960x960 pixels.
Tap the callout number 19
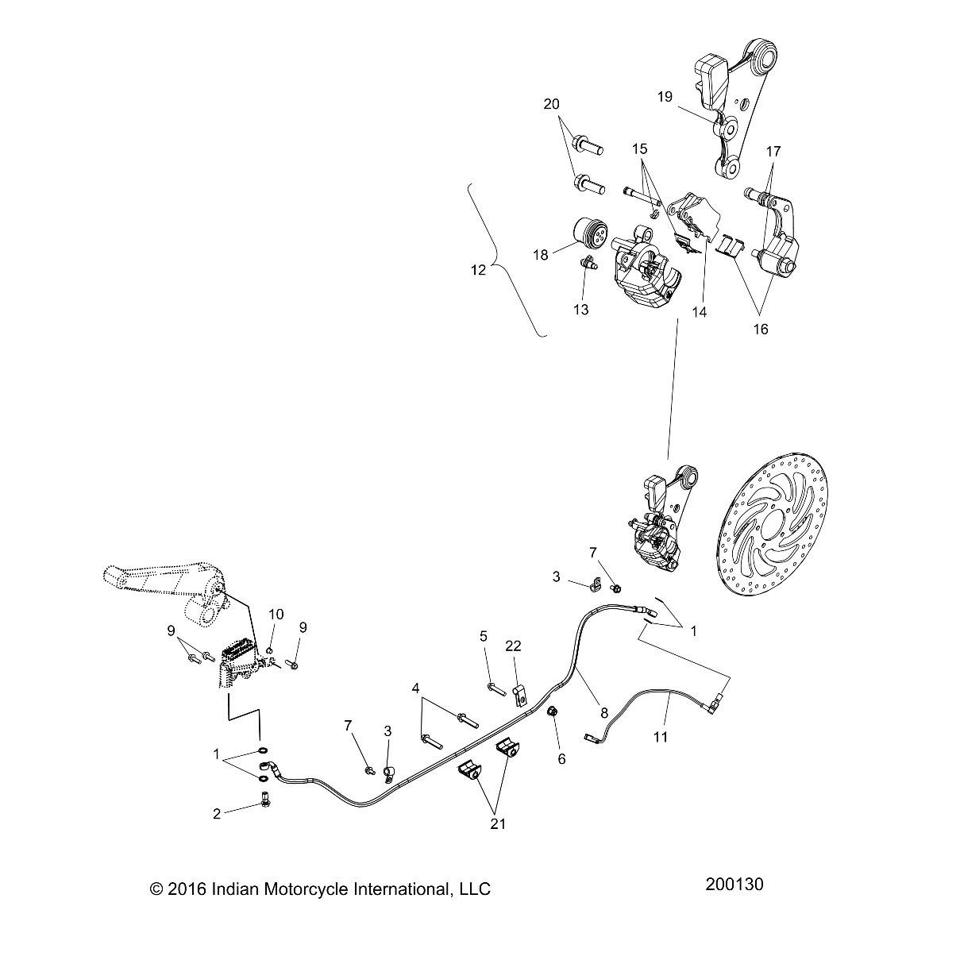665,96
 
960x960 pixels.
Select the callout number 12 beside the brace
478,270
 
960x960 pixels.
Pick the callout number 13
581,310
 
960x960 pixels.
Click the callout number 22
513,646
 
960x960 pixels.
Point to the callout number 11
660,736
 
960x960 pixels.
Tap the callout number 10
276,615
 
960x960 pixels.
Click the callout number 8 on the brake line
604,713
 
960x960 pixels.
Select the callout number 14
700,312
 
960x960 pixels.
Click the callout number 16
761,329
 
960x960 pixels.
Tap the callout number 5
484,636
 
